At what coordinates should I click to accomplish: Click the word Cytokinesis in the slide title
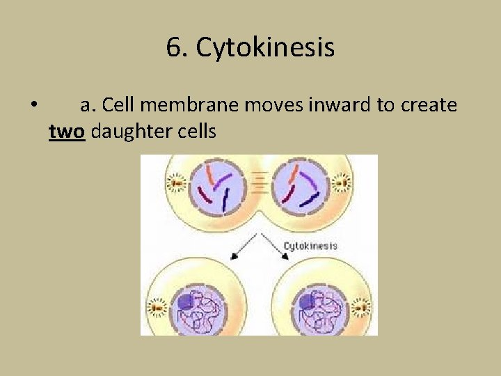[x=265, y=48]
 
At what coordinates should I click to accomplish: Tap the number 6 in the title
[x=174, y=48]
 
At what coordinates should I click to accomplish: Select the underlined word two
[x=67, y=130]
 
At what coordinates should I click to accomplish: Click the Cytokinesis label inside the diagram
[x=310, y=245]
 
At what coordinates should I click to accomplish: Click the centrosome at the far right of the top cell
[x=342, y=184]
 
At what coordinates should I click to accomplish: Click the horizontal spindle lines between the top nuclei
[x=259, y=182]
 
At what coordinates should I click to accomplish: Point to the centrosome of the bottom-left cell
[x=159, y=306]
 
